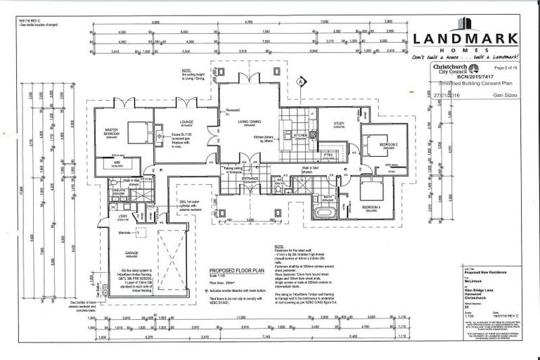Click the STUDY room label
339,124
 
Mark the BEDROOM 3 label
371,207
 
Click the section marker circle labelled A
300,82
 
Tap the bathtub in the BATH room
326,212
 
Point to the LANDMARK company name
465,39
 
